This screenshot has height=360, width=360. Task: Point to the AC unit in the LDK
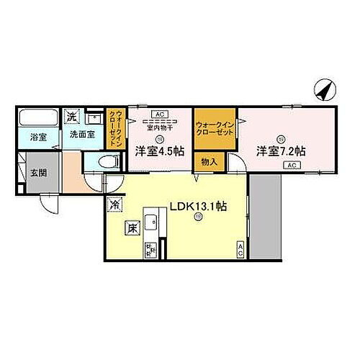point(240,249)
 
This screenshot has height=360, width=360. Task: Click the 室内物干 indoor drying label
point(159,128)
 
